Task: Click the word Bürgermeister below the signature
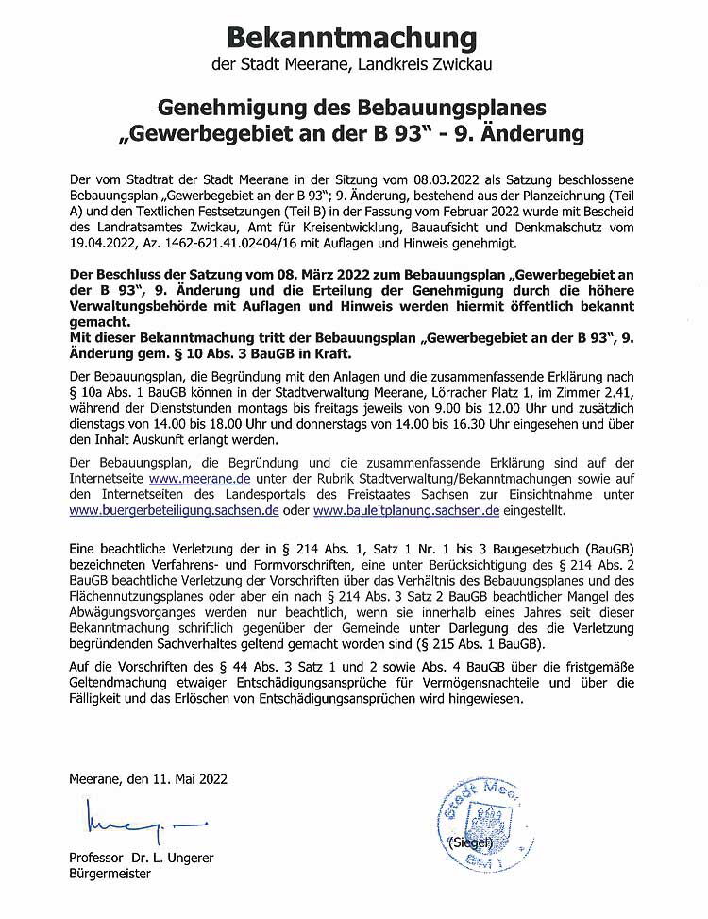coord(111,874)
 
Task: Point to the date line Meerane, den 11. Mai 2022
coord(148,780)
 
